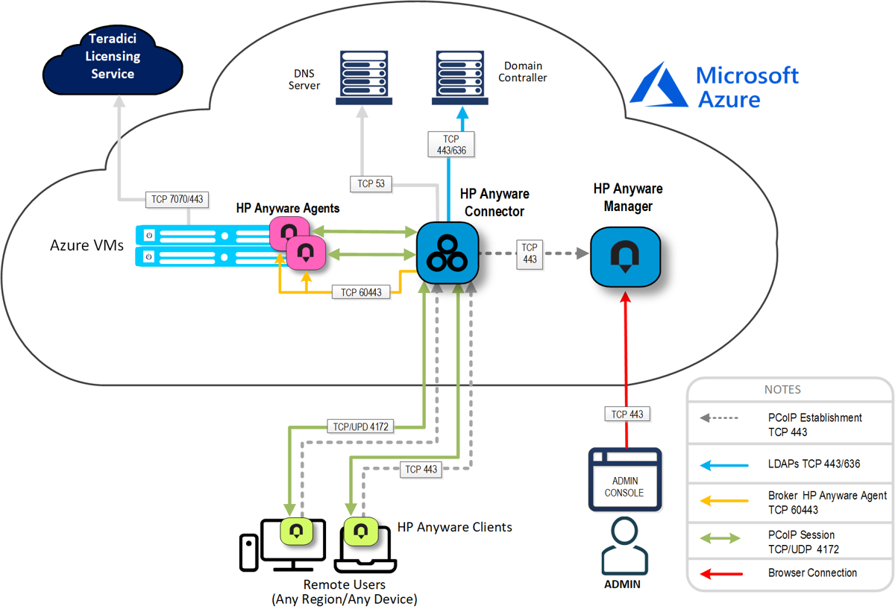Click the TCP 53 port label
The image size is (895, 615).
click(x=371, y=183)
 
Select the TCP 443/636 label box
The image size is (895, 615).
click(x=450, y=144)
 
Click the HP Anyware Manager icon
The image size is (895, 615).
click(x=625, y=256)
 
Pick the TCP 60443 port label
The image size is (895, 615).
click(x=361, y=292)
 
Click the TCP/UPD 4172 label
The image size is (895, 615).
click(x=359, y=427)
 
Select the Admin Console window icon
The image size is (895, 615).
click(x=624, y=479)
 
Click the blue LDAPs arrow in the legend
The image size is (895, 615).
click(x=723, y=464)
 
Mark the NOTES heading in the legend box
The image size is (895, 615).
click(x=782, y=390)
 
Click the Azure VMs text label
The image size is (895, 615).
click(x=87, y=245)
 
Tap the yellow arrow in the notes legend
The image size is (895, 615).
click(x=723, y=502)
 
